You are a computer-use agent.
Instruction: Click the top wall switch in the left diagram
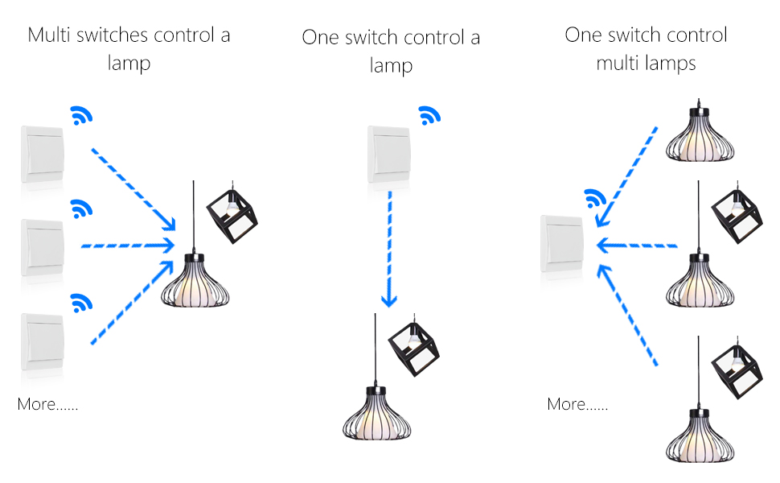coord(43,154)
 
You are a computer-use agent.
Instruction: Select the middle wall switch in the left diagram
coord(43,247)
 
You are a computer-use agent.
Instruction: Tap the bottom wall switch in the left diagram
coord(43,341)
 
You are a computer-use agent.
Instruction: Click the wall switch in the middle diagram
coord(389,154)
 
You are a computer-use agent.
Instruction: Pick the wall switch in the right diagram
coord(562,243)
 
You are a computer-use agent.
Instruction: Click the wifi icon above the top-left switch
coord(81,116)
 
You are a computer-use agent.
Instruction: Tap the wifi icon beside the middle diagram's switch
coord(429,116)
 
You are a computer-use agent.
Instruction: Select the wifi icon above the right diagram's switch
coord(595,199)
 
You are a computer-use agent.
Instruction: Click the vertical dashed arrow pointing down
coord(389,249)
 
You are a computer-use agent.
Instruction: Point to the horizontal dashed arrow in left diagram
coord(128,246)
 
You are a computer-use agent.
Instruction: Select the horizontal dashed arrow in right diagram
coord(637,246)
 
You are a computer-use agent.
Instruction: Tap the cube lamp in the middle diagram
coord(413,345)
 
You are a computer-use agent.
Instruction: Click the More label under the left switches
coord(47,404)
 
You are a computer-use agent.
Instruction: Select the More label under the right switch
coord(577,404)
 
